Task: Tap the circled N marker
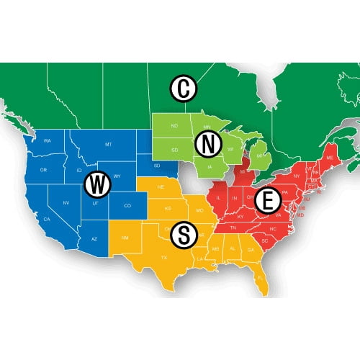coord(209,145)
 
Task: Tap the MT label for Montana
coord(108,145)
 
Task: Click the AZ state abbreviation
coord(94,238)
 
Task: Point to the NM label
coord(127,237)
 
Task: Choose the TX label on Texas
coord(163,258)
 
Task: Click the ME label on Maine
coord(330,157)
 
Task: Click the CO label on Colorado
coord(128,206)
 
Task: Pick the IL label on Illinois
coord(216,195)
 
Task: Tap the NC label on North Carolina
coord(273,229)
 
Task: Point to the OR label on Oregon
coord(43,170)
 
